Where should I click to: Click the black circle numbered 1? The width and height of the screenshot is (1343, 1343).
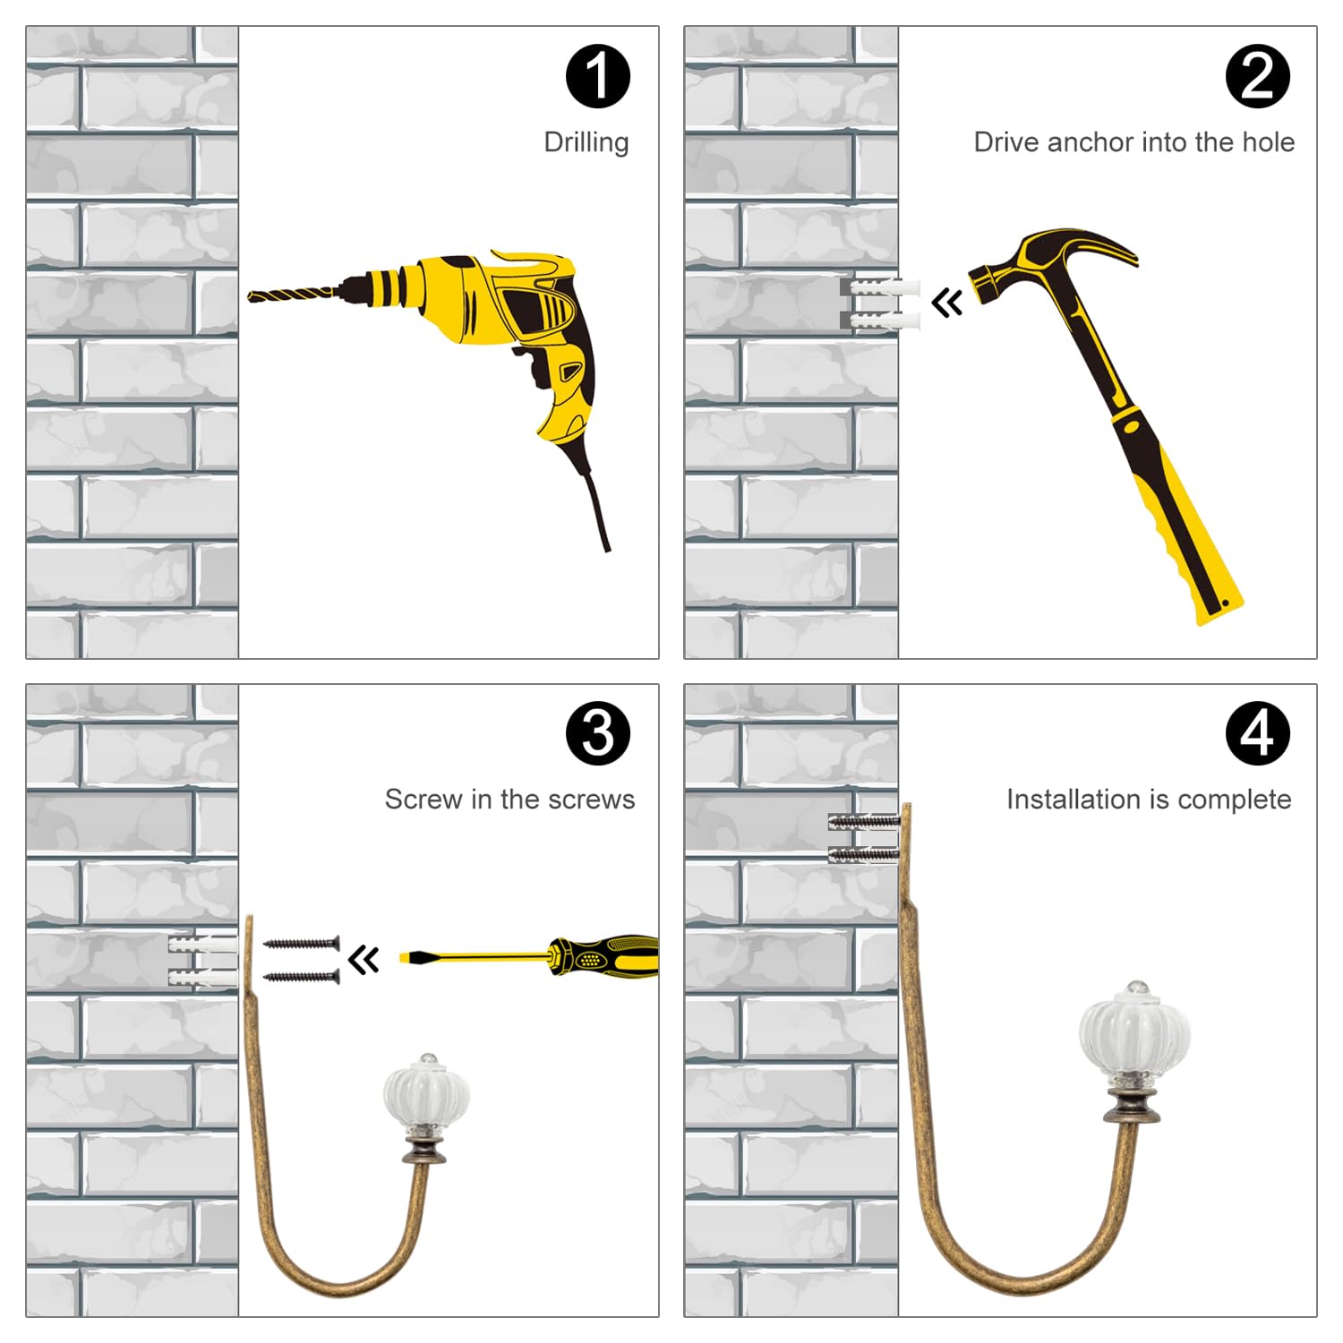pyautogui.click(x=598, y=76)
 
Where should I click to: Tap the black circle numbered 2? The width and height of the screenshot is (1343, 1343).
pyautogui.click(x=1257, y=76)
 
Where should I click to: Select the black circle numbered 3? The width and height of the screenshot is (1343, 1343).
pyautogui.click(x=598, y=733)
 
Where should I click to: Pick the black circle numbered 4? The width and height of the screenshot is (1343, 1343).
pyautogui.click(x=1257, y=733)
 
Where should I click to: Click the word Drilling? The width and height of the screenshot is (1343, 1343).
pyautogui.click(x=586, y=142)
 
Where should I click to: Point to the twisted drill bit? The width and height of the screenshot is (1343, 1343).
pyautogui.click(x=294, y=293)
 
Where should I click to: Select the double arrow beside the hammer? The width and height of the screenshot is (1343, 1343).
pyautogui.click(x=947, y=302)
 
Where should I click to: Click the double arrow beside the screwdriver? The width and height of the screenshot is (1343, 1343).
pyautogui.click(x=364, y=960)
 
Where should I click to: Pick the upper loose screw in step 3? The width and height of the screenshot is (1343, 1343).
pyautogui.click(x=302, y=943)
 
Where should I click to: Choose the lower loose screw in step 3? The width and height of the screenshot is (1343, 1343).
pyautogui.click(x=302, y=976)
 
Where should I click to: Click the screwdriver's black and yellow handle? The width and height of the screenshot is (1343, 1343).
pyautogui.click(x=604, y=957)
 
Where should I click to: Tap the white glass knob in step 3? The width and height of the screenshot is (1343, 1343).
pyautogui.click(x=426, y=1093)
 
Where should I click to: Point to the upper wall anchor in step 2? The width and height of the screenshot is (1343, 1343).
pyautogui.click(x=881, y=288)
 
